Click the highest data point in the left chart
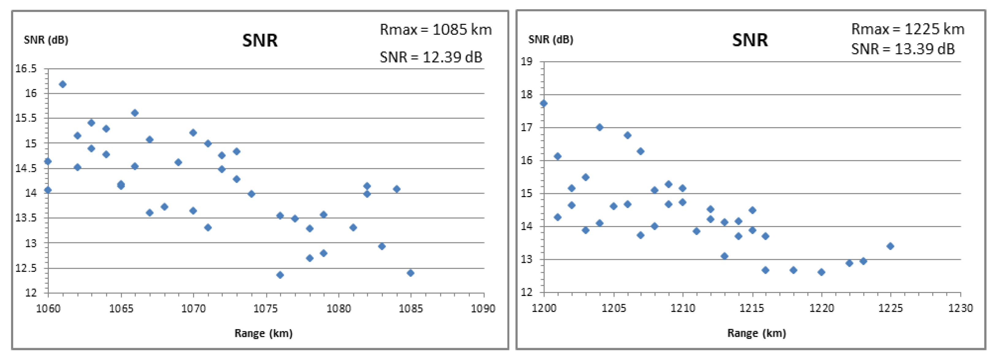[63, 84]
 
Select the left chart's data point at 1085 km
[411, 273]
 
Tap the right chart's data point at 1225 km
[890, 246]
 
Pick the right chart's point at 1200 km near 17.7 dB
[544, 103]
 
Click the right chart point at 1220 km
[821, 272]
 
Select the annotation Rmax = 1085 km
[435, 30]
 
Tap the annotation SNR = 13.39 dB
[903, 49]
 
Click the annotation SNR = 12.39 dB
[431, 57]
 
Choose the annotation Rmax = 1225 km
[907, 29]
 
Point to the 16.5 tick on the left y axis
[26, 69]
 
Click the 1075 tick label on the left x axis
[266, 309]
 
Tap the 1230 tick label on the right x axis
[960, 308]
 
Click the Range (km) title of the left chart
[263, 333]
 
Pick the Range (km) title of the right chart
[756, 333]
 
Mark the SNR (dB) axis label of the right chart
[551, 40]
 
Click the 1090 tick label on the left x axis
[483, 309]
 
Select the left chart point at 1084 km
[396, 189]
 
